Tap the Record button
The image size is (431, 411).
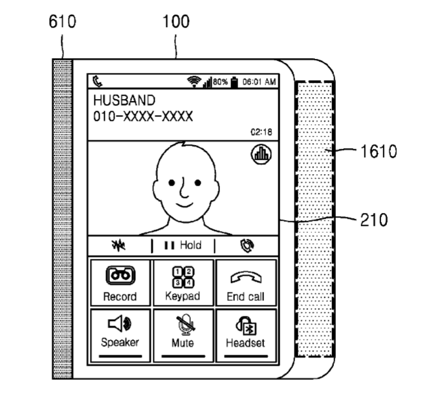120,283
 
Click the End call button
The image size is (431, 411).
246,283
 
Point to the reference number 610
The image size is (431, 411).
62,22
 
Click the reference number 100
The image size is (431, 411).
176,22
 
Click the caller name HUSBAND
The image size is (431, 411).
124,100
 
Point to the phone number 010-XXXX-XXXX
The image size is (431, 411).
143,116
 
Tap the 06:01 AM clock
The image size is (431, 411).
259,82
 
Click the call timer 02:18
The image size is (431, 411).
261,132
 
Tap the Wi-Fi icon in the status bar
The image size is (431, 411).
193,82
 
